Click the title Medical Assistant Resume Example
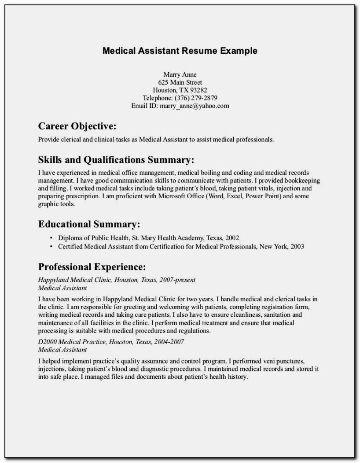[180, 51]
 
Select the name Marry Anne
[180, 74]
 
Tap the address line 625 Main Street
[180, 82]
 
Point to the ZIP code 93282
[198, 90]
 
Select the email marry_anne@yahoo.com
[195, 106]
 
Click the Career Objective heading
[77, 126]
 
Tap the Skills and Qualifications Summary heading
[116, 159]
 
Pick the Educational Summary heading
[89, 224]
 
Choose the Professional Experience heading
[92, 267]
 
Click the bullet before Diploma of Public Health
[51, 237]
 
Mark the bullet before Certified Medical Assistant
[51, 247]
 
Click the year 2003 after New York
[296, 247]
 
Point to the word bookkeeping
[300, 181]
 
